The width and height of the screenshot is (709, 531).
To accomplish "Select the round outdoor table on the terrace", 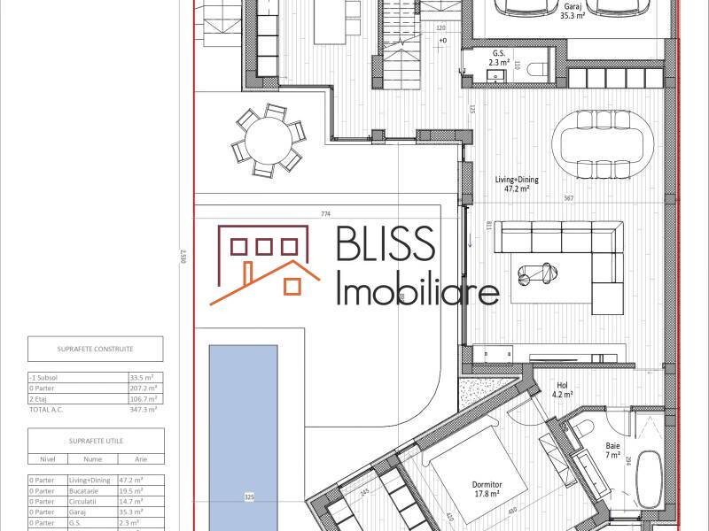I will [x=268, y=139].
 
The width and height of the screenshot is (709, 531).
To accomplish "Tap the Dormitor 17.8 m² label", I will [x=488, y=489].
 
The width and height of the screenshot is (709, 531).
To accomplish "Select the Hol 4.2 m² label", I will [x=562, y=389].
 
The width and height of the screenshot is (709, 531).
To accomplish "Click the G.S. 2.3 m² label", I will [x=501, y=58].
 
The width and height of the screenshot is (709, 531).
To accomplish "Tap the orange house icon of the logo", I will [x=260, y=265].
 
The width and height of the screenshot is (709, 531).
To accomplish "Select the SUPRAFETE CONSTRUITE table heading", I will [x=95, y=348].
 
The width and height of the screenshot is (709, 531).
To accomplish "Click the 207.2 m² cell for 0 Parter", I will [x=144, y=387].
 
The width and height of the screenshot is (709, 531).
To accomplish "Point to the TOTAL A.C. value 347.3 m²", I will [x=144, y=409].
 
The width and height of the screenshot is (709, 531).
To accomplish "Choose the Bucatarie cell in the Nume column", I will [x=83, y=490].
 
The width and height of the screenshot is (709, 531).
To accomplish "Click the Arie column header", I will [x=140, y=459].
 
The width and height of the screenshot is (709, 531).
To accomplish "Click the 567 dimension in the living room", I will [x=569, y=198].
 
